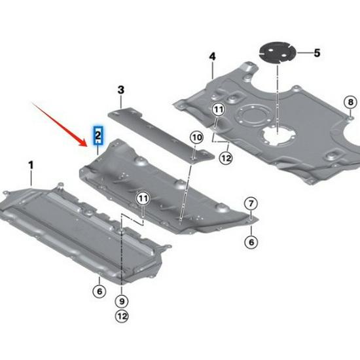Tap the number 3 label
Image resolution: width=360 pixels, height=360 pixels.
click(x=121, y=90)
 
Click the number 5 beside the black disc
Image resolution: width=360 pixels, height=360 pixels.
click(x=317, y=52)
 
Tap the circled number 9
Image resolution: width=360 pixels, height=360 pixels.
click(x=120, y=301)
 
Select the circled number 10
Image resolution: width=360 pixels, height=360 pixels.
click(x=196, y=137)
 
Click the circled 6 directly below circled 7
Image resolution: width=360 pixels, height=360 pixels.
click(x=251, y=242)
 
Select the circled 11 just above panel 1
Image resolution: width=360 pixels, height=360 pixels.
click(x=143, y=198)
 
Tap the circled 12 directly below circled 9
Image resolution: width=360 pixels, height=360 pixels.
click(x=120, y=317)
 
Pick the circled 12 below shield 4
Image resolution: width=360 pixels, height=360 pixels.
click(x=225, y=157)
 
